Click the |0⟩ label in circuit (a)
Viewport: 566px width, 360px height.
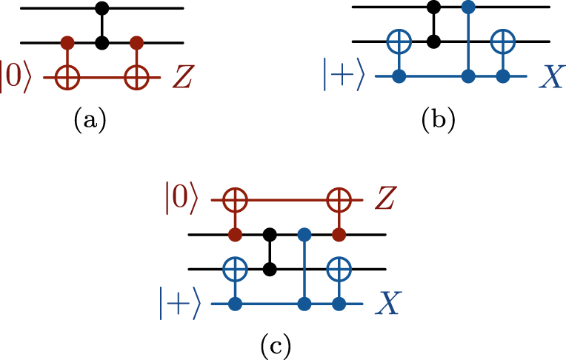click(16, 77)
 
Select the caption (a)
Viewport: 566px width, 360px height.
click(90, 119)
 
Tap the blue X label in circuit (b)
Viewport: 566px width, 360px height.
click(550, 77)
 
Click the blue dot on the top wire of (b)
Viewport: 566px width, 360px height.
click(467, 8)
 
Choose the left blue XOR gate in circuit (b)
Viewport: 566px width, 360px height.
click(399, 42)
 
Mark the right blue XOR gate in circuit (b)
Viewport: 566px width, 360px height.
click(503, 42)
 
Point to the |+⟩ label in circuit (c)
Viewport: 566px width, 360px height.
click(180, 304)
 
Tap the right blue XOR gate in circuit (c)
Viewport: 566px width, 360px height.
click(339, 269)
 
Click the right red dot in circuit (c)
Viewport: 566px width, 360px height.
click(339, 235)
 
